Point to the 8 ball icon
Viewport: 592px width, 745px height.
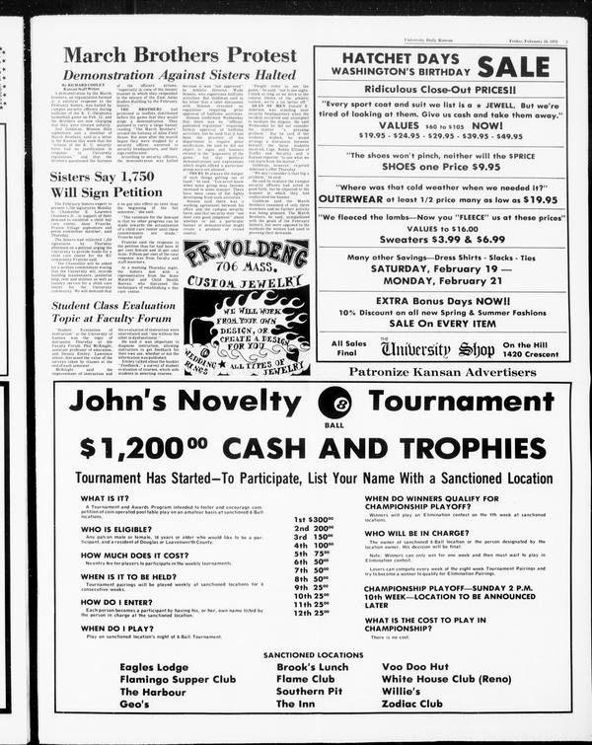point(334,402)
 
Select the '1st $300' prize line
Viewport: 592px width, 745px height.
point(313,519)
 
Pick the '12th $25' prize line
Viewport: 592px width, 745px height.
point(313,613)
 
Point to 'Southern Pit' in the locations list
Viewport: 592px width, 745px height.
point(309,692)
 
